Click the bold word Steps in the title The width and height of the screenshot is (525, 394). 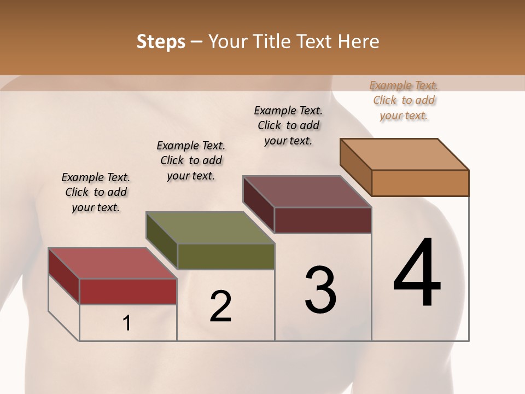(160, 42)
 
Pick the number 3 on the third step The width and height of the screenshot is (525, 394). (320, 290)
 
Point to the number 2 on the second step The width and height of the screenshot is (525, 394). (221, 306)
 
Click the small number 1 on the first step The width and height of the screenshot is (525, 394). (127, 323)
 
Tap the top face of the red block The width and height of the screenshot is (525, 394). (112, 263)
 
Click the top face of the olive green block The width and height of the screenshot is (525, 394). (209, 228)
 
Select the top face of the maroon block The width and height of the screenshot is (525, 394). (307, 192)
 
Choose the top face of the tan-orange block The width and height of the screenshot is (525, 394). (404, 154)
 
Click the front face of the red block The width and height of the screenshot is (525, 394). (128, 291)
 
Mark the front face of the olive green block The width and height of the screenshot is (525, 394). (225, 256)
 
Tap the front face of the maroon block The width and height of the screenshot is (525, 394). (323, 220)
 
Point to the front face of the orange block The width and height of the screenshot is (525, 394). (420, 183)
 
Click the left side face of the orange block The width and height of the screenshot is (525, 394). (356, 166)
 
